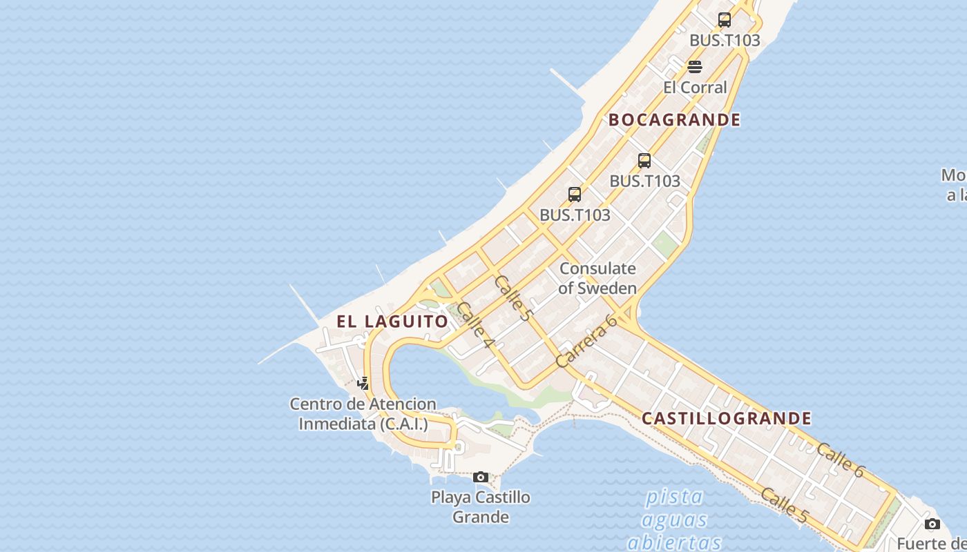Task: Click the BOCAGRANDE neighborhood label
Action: tap(674, 120)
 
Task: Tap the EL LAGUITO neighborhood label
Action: tap(392, 322)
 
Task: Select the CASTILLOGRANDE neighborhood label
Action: tap(727, 419)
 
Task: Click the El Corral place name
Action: tap(695, 88)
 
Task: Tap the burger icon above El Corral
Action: tap(695, 67)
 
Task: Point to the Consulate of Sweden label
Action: tap(597, 278)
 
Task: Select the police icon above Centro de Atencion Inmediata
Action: tap(363, 383)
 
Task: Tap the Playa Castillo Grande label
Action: tap(481, 506)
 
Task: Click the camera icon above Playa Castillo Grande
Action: tap(481, 477)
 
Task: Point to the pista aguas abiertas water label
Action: tap(674, 519)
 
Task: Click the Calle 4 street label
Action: tap(475, 325)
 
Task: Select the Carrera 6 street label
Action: tap(586, 341)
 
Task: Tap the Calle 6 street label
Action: tap(840, 460)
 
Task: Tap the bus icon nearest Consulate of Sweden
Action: tap(575, 195)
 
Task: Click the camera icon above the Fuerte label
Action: tap(932, 524)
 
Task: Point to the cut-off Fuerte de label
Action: tap(931, 543)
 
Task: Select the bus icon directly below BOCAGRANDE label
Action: tap(644, 161)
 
